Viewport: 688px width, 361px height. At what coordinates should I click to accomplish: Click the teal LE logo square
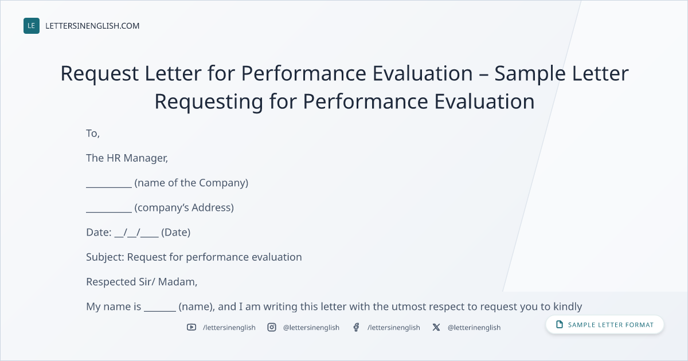click(32, 26)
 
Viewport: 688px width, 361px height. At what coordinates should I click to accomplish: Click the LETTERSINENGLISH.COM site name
click(92, 26)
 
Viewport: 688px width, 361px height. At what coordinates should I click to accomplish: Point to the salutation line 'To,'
click(93, 134)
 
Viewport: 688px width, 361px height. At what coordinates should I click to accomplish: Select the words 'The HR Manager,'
click(127, 158)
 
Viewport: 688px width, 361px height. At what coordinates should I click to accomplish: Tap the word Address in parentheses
click(211, 208)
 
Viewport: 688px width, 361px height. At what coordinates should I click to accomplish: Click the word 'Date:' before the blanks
click(99, 233)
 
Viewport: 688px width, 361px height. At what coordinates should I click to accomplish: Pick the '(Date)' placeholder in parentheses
click(175, 233)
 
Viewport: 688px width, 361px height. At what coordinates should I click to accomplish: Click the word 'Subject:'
click(105, 257)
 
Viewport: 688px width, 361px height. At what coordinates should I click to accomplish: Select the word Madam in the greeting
click(177, 282)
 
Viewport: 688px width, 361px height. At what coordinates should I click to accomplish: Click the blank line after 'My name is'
click(160, 311)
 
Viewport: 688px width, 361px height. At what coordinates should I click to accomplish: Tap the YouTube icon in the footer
click(191, 327)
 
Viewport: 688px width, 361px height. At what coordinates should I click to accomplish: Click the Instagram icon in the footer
click(272, 327)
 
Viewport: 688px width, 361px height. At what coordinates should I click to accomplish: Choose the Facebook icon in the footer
click(356, 327)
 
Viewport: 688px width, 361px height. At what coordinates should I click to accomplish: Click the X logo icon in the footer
click(436, 327)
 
